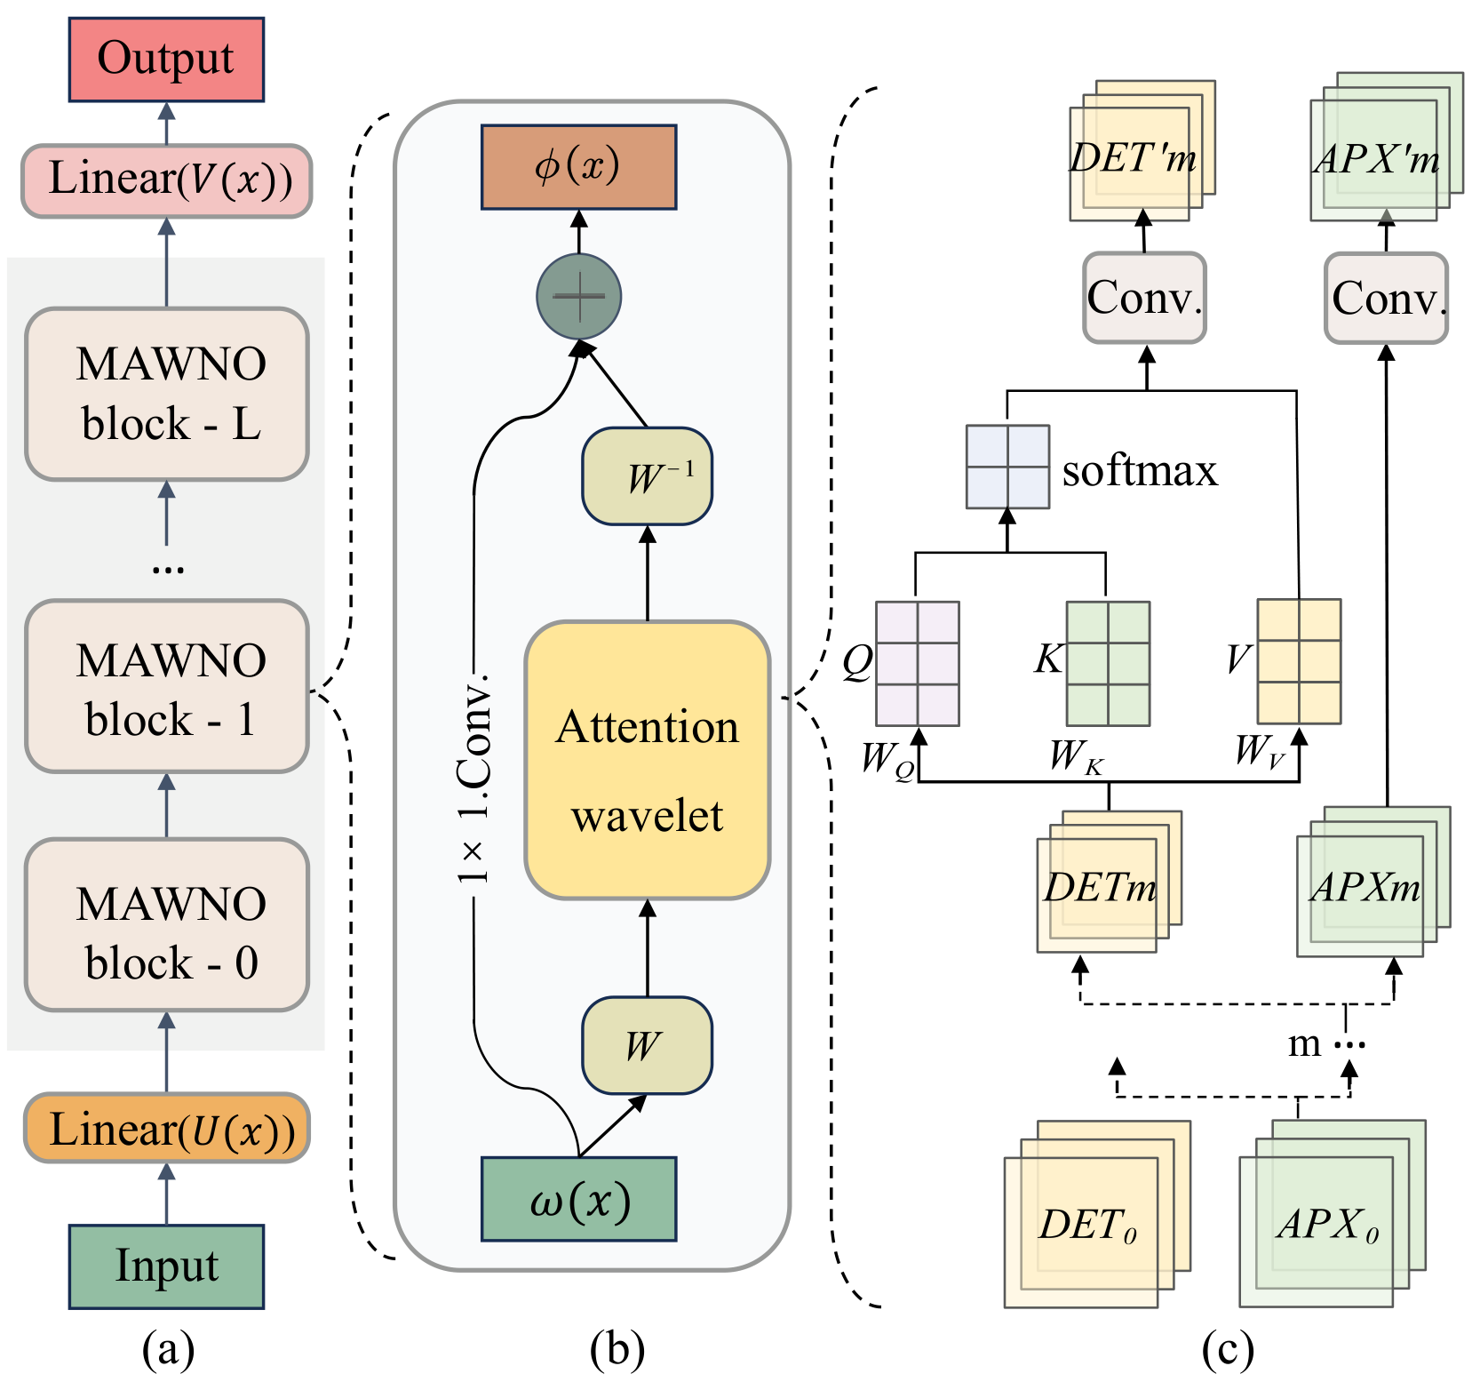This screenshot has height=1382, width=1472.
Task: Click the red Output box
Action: [x=166, y=59]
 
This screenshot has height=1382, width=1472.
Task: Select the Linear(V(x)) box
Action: [x=167, y=180]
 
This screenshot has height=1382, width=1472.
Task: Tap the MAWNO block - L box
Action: [x=167, y=394]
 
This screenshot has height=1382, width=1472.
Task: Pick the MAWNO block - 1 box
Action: [x=167, y=686]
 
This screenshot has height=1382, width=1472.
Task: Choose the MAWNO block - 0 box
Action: [x=167, y=925]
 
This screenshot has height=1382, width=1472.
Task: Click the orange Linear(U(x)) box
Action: [x=167, y=1128]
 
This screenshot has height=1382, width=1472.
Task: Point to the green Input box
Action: [x=166, y=1266]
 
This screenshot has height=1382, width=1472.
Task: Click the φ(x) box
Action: [x=578, y=167]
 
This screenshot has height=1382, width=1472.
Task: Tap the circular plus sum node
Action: [x=578, y=296]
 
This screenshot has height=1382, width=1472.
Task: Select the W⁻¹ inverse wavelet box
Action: [x=647, y=476]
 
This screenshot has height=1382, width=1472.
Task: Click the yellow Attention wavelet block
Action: [x=647, y=760]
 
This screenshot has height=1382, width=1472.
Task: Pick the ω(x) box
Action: [x=578, y=1199]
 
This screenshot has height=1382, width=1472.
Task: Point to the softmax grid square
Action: [x=1007, y=467]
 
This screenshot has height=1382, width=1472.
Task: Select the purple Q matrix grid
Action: [x=917, y=663]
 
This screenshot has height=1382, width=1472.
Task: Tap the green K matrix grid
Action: [x=1108, y=663]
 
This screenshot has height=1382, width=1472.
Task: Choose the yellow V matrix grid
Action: [x=1299, y=661]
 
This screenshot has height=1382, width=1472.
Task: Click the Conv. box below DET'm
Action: [x=1144, y=298]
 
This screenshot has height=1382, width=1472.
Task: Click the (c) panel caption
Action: [x=1227, y=1349]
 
